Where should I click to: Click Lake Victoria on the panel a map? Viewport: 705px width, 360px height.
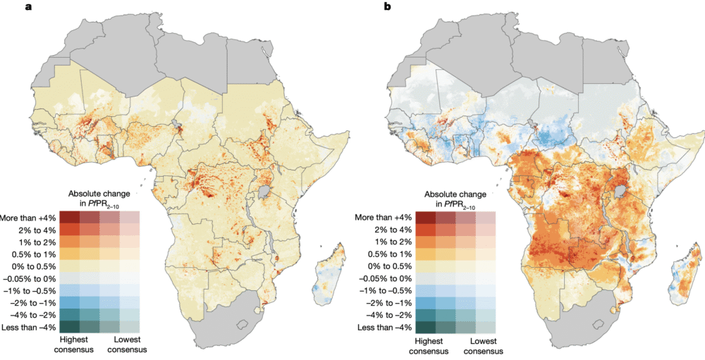point(269,192)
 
